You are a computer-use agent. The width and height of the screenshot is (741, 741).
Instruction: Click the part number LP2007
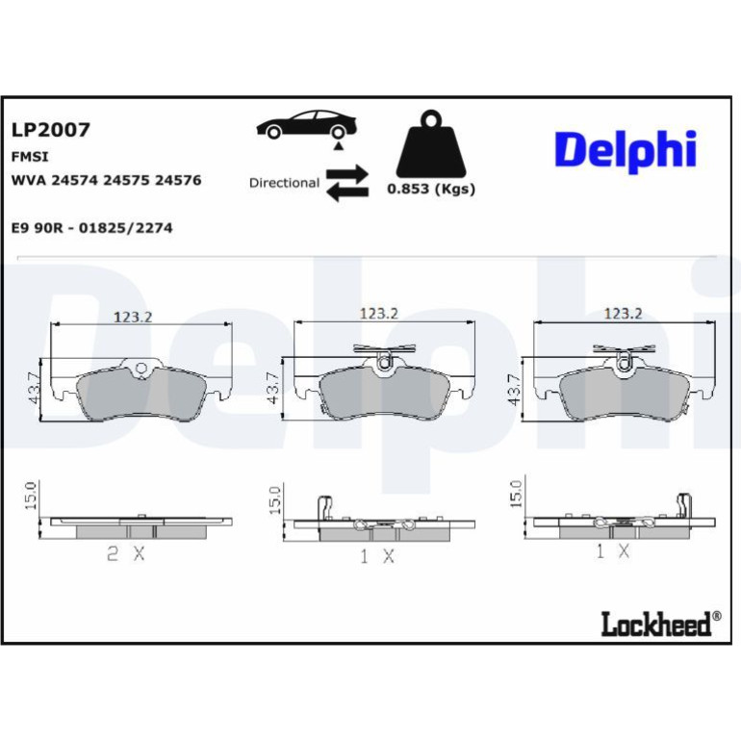(x=51, y=130)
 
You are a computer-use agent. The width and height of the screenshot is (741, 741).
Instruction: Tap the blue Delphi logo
(x=626, y=151)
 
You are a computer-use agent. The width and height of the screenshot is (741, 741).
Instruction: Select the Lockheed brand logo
(x=661, y=624)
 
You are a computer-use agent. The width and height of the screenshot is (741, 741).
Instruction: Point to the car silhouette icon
(x=307, y=125)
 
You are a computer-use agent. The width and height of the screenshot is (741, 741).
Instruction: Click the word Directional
(x=284, y=183)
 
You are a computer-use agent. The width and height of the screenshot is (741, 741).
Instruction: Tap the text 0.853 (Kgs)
(x=431, y=189)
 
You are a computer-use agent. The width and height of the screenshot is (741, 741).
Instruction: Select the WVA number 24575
(x=126, y=181)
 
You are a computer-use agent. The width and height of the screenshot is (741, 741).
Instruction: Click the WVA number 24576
(x=178, y=181)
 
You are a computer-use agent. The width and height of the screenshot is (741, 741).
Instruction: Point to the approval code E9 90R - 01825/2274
(x=91, y=228)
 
